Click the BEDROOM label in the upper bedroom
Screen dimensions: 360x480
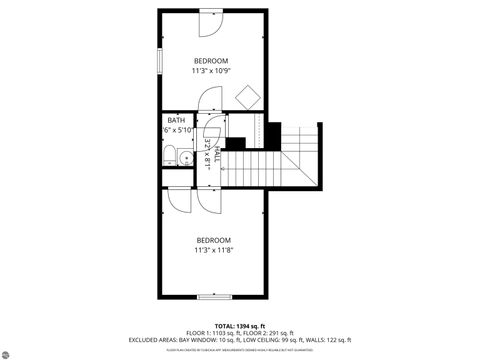click(211, 61)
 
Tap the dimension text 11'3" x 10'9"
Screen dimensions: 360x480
click(211, 71)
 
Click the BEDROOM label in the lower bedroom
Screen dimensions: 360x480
click(213, 240)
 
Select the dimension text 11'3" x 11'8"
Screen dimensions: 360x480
click(213, 251)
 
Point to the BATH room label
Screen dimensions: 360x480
click(175, 120)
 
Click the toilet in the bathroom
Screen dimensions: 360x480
click(171, 154)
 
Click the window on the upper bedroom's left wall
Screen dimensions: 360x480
click(160, 60)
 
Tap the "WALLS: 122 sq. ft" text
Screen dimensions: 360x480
click(330, 341)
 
